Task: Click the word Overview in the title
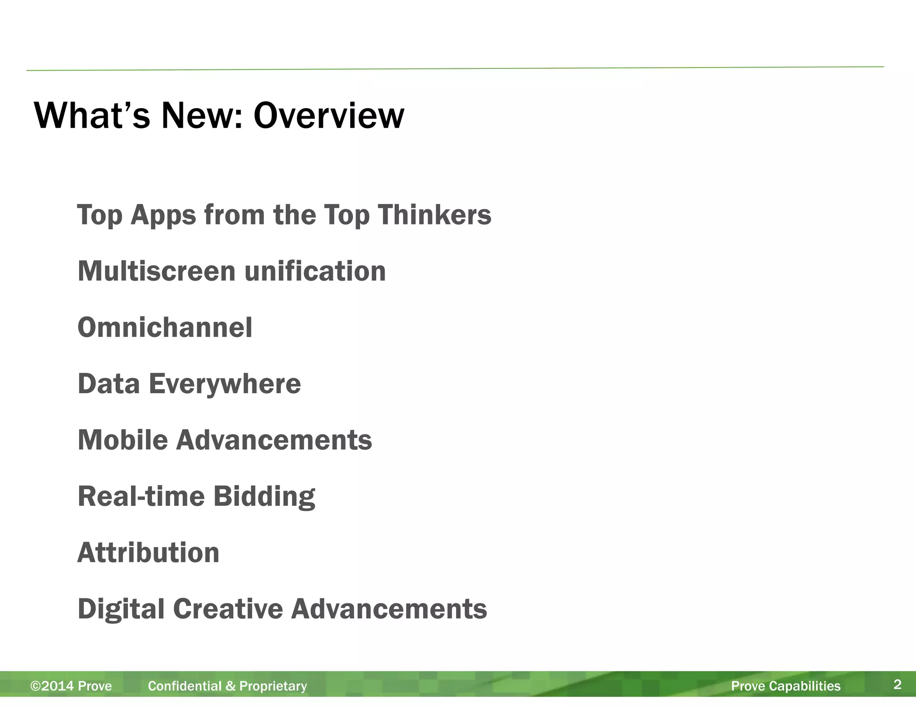coord(329,116)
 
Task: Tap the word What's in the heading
coord(92,116)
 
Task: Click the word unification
coord(315,271)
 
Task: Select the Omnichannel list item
coord(165,328)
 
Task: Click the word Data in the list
coord(109,384)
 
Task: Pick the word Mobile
coord(123,440)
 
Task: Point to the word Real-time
coord(141,497)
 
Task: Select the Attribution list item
coord(148,553)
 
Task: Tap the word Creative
coord(228,609)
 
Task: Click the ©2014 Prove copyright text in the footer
coord(71,686)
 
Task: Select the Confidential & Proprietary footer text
coord(227,686)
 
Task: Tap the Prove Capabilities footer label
coord(785,686)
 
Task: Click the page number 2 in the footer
coord(897,685)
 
